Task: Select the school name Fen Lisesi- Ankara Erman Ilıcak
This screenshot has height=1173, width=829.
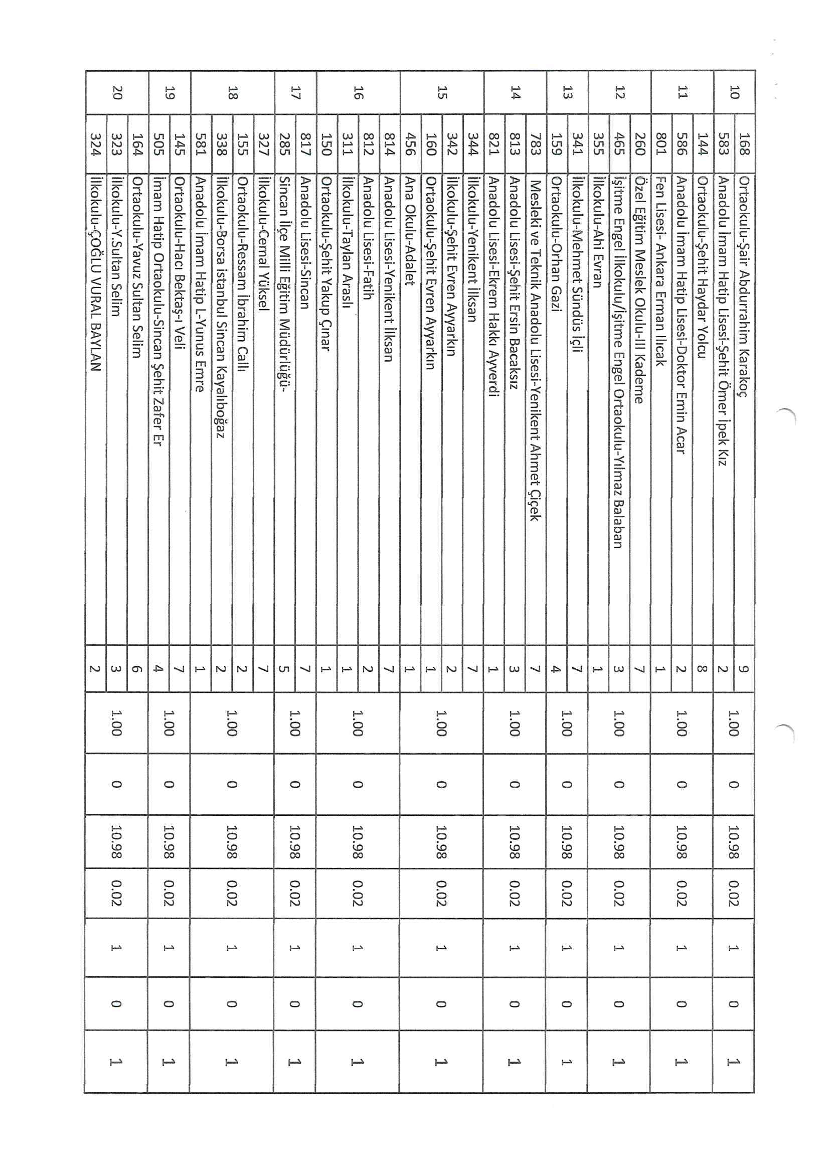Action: pos(661,271)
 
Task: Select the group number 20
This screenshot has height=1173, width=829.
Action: pos(117,92)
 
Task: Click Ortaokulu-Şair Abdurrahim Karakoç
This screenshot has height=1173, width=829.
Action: pos(745,286)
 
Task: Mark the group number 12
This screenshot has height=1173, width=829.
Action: pos(619,92)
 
